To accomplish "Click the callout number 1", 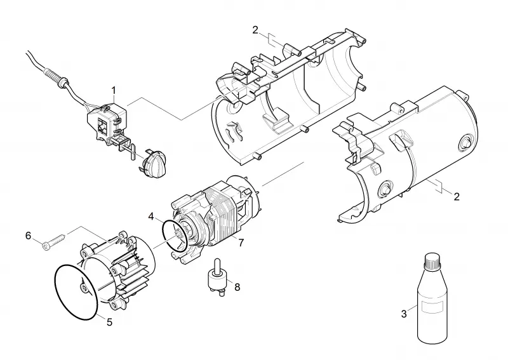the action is coord(114,90).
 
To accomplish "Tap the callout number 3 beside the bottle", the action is coord(404,314).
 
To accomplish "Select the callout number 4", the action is coord(151,217).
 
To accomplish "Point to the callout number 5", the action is coord(109,322).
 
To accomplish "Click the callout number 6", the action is coord(28,236).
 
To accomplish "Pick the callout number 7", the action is coord(241,243).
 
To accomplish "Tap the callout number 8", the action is coord(237,287).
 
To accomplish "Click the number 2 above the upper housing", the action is coord(255,30).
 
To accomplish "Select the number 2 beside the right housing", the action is coord(457,197).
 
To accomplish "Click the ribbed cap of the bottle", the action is coord(432,261).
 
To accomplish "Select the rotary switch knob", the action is coord(155,163).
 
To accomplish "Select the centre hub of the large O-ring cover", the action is coord(84,288).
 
